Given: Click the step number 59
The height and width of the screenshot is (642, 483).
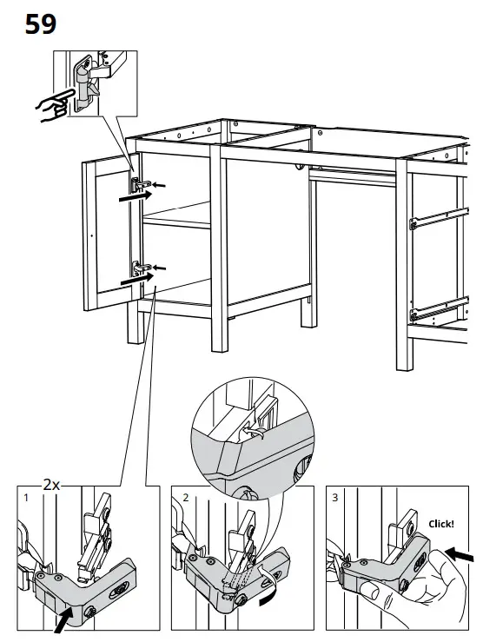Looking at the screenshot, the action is pos(41,24).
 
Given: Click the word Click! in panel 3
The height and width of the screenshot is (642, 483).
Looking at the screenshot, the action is pos(440,524).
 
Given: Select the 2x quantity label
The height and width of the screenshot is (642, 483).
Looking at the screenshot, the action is pos(51,485).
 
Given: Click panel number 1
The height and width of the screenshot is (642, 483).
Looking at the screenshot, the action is pos(26,498).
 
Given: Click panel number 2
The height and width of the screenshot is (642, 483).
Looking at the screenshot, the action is pos(186,498).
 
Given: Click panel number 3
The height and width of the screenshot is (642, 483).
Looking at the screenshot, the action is pos(334,498).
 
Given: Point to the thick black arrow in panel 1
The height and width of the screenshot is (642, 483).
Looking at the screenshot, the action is pos(63,620).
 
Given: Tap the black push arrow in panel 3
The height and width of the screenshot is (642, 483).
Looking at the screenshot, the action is pos(460,554).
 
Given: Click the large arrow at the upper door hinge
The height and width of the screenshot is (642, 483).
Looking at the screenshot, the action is pos(135,196).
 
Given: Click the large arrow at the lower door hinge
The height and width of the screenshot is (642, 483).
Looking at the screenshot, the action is pos(136,279).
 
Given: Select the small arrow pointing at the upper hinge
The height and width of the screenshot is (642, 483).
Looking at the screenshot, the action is pos(159,185).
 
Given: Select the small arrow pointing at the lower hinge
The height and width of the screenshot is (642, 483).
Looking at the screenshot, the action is pos(160,268).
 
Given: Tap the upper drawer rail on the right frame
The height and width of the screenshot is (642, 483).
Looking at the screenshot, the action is pos(439,218).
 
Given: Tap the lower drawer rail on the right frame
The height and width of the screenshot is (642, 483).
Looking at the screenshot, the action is pos(440,308).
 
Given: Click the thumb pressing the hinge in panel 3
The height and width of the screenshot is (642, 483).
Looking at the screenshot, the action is pos(369,592).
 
